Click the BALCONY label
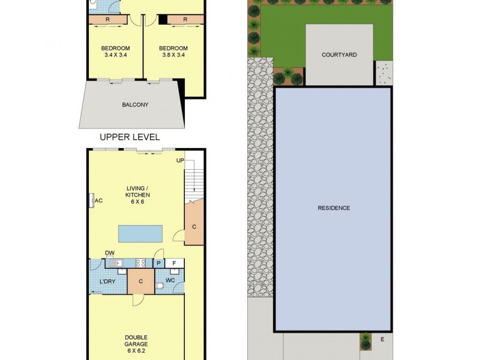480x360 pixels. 135,104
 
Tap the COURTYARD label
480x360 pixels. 339,55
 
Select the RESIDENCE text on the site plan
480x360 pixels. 334,208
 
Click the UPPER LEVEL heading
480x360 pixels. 130,137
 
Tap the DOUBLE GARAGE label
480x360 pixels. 137,341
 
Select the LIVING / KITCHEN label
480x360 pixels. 137,195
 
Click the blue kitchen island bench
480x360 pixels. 140,232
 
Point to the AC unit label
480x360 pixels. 99,200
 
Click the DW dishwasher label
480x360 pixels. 110,253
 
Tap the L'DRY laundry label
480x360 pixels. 107,281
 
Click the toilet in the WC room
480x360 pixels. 160,287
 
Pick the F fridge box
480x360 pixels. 174,263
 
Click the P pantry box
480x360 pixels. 158,263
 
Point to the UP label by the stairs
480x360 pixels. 180,161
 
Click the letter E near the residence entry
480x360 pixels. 382,340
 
